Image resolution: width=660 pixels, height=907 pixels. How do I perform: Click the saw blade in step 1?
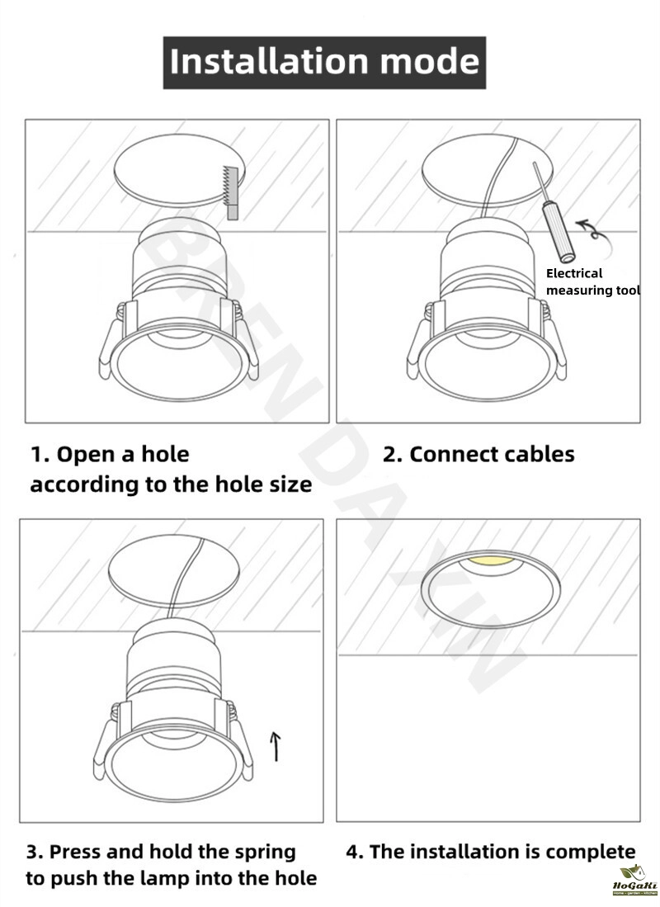pos(231,192)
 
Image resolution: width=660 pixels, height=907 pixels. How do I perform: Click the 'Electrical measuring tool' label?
pos(592,281)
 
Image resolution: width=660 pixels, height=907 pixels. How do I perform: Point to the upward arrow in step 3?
pos(276,746)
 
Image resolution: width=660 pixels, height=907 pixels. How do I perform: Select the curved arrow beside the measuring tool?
pos(592,229)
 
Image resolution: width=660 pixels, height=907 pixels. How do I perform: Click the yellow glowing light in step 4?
pos(491,561)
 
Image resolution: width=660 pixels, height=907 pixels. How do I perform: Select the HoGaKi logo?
pos(634,880)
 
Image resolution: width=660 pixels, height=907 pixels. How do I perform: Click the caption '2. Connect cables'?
pos(478,455)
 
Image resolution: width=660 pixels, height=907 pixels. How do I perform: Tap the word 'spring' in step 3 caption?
pos(265,853)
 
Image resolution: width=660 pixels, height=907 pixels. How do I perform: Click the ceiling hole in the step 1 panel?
pos(179,171)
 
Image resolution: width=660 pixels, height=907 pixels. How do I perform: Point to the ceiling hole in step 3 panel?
pos(173,570)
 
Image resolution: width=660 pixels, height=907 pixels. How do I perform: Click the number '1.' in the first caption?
pos(40,455)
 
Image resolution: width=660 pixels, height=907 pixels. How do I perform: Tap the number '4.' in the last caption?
pos(355,852)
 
